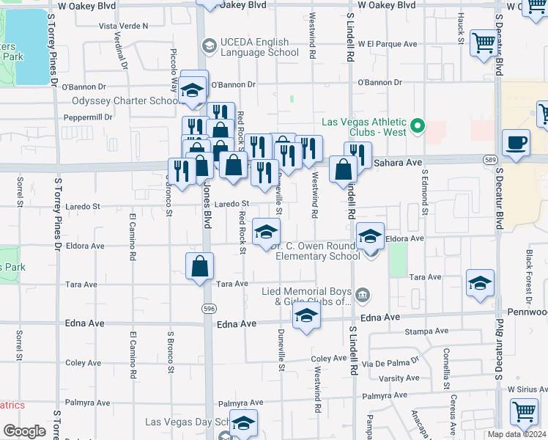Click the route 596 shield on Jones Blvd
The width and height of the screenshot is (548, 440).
pos(209,309)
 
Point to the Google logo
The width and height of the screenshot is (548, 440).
pos(24,431)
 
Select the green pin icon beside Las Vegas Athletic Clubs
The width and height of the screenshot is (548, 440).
pos(418,126)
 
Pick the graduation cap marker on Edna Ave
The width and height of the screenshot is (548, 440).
pos(306,317)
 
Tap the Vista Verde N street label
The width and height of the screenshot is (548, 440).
pos(123,26)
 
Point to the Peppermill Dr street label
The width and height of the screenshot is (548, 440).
pos(86,117)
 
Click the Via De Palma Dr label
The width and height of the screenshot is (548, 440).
pos(393,362)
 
